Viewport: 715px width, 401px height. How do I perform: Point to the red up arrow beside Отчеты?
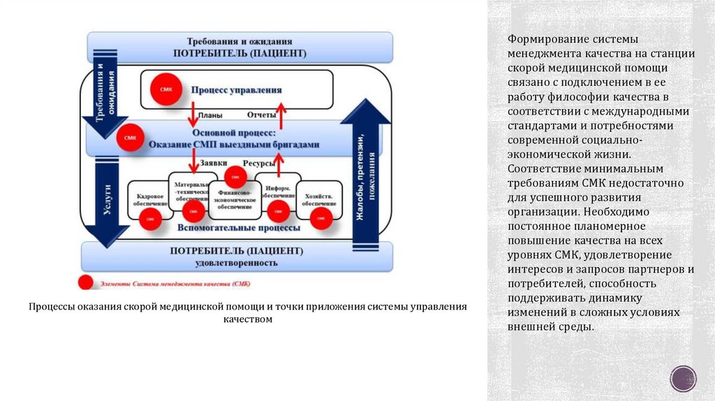(280, 112)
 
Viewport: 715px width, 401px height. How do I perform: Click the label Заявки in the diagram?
(214, 162)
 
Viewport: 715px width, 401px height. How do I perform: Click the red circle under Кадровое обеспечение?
(149, 219)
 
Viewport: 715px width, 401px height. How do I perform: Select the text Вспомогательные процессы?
(239, 228)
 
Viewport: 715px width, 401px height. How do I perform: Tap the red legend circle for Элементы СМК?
(87, 283)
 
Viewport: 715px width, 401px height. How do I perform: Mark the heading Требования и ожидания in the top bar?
(239, 41)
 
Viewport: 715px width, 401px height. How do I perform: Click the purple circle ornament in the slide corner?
(683, 379)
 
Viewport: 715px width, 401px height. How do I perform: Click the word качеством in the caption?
(247, 319)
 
